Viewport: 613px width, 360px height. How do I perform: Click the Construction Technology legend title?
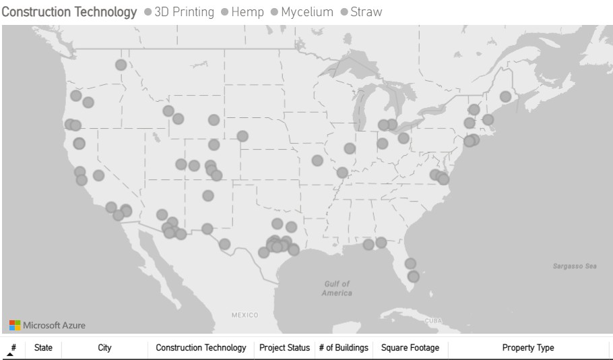coord(69,12)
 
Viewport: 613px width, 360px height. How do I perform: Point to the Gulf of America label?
coord(337,289)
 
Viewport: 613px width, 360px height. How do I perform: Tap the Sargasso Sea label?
coord(575,266)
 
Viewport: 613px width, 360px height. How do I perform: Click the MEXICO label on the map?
coord(245,315)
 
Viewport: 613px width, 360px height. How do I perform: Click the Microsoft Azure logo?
coord(48,325)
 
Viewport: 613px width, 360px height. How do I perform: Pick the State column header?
coord(43,348)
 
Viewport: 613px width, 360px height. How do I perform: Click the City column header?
coord(104,348)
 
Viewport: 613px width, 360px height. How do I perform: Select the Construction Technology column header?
coord(201,348)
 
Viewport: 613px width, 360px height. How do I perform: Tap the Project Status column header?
coord(284,348)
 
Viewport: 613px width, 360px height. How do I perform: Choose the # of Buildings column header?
coord(344,348)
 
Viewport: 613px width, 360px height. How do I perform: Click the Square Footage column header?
coord(410,348)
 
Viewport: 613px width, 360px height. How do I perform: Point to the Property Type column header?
coord(528,348)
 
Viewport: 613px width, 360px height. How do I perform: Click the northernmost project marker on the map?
coord(121,65)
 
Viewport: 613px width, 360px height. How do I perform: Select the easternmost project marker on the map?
coord(505,97)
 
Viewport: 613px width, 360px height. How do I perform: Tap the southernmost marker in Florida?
coord(414,276)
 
